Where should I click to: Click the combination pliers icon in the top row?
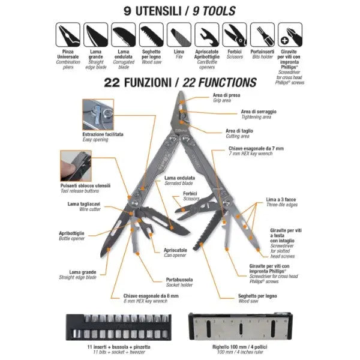pos(68,35)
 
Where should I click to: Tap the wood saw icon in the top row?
pos(152,35)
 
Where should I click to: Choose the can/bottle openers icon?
pos(208,35)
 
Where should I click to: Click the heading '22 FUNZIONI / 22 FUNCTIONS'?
pos(180,81)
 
